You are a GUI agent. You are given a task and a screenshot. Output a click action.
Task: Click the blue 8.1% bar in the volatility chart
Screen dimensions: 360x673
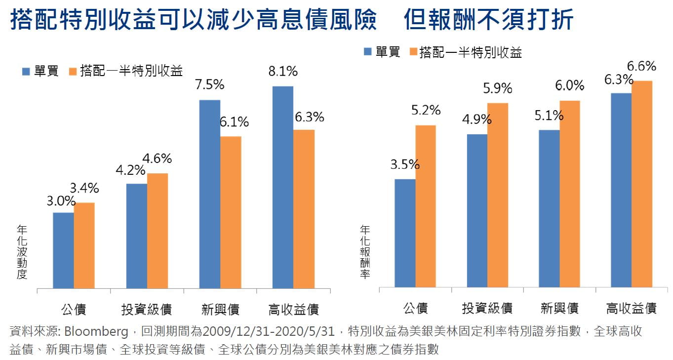(282, 187)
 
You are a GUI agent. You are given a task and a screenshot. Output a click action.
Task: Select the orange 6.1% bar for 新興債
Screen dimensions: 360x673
(231, 212)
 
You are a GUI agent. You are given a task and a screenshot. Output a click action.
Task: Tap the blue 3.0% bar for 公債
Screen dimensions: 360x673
(63, 250)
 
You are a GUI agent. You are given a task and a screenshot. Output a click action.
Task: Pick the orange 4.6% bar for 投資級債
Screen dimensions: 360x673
(158, 231)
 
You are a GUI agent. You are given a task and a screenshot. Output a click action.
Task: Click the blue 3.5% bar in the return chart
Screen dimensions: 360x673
(405, 233)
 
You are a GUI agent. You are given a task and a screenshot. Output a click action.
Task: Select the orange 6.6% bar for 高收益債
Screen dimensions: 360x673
(642, 184)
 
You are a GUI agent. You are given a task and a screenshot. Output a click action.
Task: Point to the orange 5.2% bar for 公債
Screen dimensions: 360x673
(426, 206)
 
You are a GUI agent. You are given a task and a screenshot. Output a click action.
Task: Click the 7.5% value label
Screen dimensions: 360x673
(209, 85)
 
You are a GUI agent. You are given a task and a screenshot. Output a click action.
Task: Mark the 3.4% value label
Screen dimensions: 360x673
(84, 188)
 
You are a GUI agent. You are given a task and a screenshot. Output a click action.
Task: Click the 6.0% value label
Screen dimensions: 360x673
(570, 86)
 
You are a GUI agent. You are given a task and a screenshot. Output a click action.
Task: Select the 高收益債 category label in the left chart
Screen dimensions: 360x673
(294, 310)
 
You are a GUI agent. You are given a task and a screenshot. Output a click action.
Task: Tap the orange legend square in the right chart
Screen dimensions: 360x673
(412, 52)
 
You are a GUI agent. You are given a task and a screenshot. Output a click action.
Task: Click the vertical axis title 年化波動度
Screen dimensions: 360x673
(21, 252)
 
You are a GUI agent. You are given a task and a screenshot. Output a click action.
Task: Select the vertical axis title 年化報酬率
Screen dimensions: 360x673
(365, 252)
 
